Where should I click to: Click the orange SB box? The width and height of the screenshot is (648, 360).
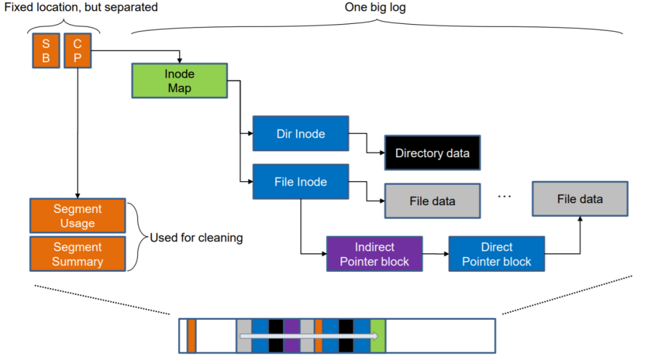coord(46,52)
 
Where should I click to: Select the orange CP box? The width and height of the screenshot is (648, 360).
coord(77,52)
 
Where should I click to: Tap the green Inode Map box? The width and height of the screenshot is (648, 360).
coord(179,81)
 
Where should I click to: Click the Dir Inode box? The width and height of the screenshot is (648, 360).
coord(300,134)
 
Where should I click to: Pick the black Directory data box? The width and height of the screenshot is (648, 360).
coord(432,153)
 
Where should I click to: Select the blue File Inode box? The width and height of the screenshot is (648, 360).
coord(300,182)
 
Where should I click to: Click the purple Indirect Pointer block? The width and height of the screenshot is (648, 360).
coord(374,254)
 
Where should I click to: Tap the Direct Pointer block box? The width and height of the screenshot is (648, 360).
coord(496,254)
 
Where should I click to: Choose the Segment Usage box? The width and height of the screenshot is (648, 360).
coord(77,216)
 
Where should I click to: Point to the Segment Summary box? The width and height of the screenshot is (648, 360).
coord(77,254)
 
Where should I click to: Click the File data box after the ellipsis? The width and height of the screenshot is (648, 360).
coord(580,199)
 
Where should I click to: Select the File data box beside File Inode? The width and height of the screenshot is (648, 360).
coord(432,201)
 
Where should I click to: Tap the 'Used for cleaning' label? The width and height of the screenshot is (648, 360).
coord(196,238)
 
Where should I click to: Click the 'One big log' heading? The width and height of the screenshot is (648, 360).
coord(376,8)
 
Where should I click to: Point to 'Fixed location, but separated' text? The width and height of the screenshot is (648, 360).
coord(81,8)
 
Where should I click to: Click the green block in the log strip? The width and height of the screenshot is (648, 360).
coord(377,336)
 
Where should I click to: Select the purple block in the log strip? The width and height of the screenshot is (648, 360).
coord(291,336)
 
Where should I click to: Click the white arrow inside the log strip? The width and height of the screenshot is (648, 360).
coord(306,336)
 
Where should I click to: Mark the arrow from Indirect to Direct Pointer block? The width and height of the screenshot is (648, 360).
coord(436,254)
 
